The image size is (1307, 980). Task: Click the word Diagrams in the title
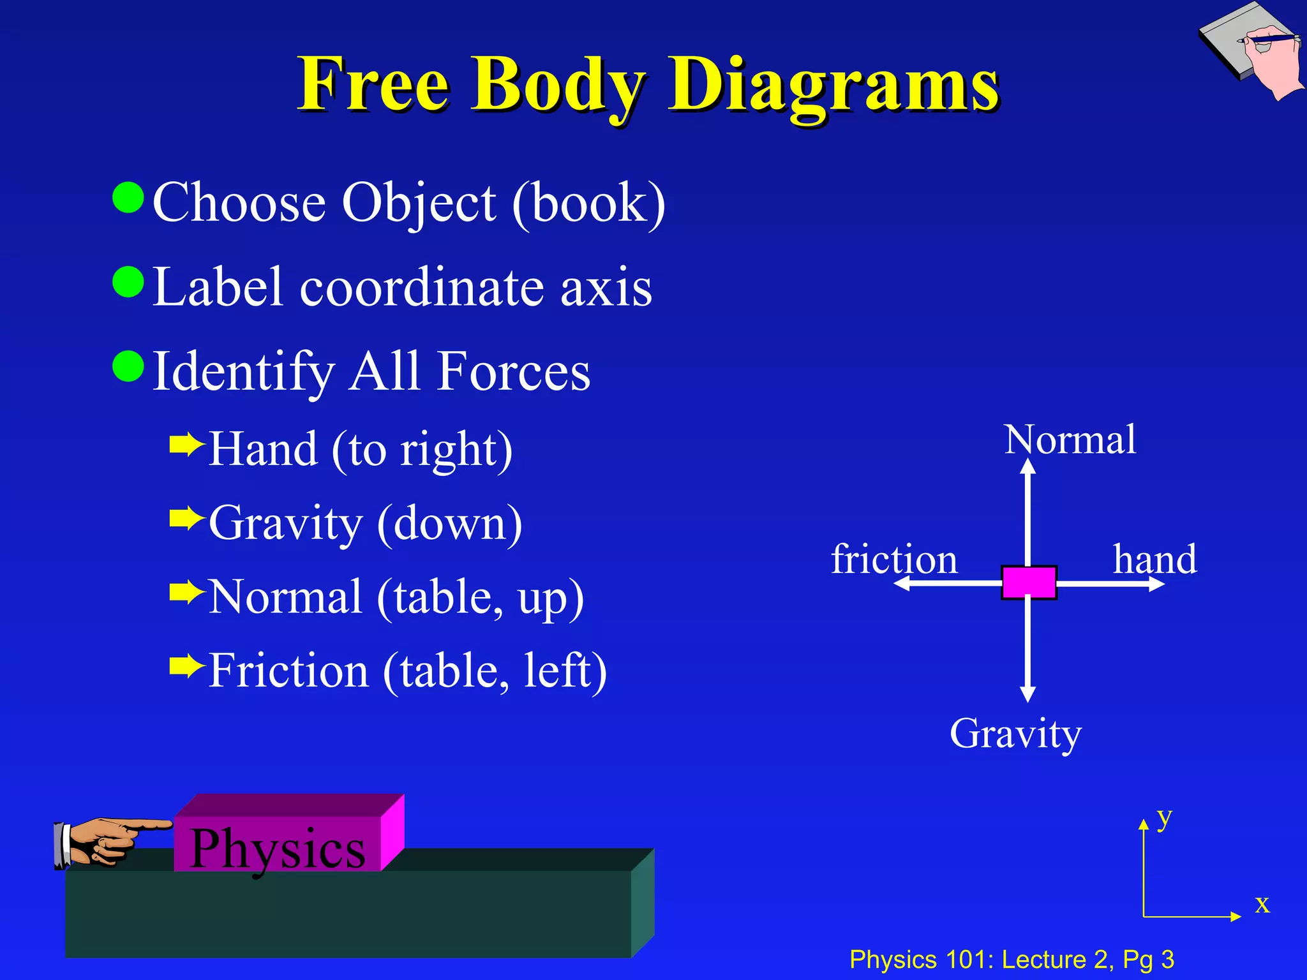[x=833, y=86]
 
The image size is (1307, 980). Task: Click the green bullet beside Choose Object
[x=128, y=198]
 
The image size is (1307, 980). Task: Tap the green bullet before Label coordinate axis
[x=128, y=282]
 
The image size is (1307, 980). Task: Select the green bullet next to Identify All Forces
[x=128, y=366]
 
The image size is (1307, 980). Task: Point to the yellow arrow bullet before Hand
[x=186, y=445]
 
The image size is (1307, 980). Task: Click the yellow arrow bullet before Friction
[x=186, y=666]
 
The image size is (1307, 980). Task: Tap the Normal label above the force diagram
[x=1070, y=440]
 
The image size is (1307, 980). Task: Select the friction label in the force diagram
[x=894, y=560]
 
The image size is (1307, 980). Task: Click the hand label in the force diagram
[x=1154, y=560]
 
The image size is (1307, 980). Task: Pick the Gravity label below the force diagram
[x=1015, y=734]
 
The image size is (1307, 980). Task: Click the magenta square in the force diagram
[x=1029, y=583]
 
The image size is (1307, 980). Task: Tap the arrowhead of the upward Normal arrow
[x=1027, y=466]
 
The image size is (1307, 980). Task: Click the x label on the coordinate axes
[x=1262, y=904]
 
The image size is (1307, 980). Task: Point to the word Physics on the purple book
[x=278, y=848]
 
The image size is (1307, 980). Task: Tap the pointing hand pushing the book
[x=108, y=840]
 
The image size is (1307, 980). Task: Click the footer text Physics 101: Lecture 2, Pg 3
[x=1012, y=960]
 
